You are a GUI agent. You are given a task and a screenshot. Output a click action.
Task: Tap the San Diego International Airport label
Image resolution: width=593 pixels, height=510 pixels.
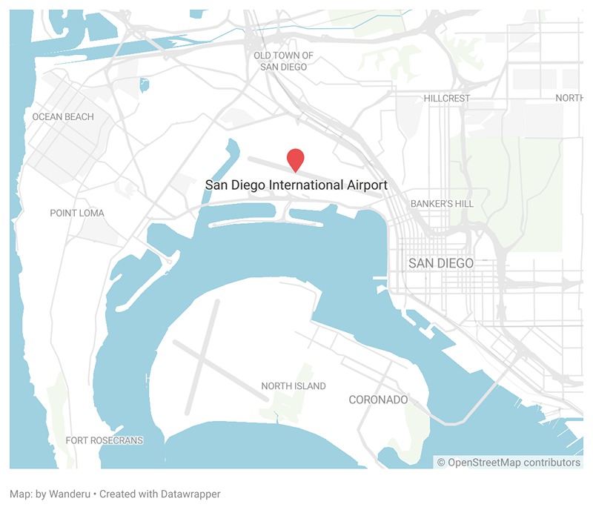(x=296, y=185)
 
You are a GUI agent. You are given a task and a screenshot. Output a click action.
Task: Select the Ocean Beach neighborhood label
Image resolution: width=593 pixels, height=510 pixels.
(x=63, y=116)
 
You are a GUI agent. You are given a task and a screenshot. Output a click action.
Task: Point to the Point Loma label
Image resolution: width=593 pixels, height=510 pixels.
(x=77, y=213)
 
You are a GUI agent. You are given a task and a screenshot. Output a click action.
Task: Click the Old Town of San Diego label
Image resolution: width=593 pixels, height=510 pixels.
(x=283, y=61)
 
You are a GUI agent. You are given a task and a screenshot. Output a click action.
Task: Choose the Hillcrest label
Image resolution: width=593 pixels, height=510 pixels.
(x=447, y=98)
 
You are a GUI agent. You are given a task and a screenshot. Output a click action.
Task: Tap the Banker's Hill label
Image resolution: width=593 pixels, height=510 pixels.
(x=442, y=203)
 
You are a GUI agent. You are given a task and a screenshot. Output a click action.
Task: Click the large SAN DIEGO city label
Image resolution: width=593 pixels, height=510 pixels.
(x=441, y=263)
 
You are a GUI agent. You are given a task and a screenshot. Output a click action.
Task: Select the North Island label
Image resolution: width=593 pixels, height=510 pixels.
(x=294, y=386)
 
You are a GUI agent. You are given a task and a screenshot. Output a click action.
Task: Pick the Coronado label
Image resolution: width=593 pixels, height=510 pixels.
(x=378, y=400)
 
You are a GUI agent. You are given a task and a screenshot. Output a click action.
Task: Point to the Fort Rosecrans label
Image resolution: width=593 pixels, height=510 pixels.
(x=105, y=440)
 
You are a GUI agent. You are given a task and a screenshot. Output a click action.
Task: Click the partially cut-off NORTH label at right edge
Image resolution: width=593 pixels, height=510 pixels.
(x=569, y=98)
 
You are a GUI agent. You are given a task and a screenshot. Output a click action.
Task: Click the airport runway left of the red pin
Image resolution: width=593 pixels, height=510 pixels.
(x=263, y=159)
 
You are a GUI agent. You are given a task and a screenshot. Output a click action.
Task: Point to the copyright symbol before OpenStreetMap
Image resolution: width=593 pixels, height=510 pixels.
(x=442, y=463)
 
